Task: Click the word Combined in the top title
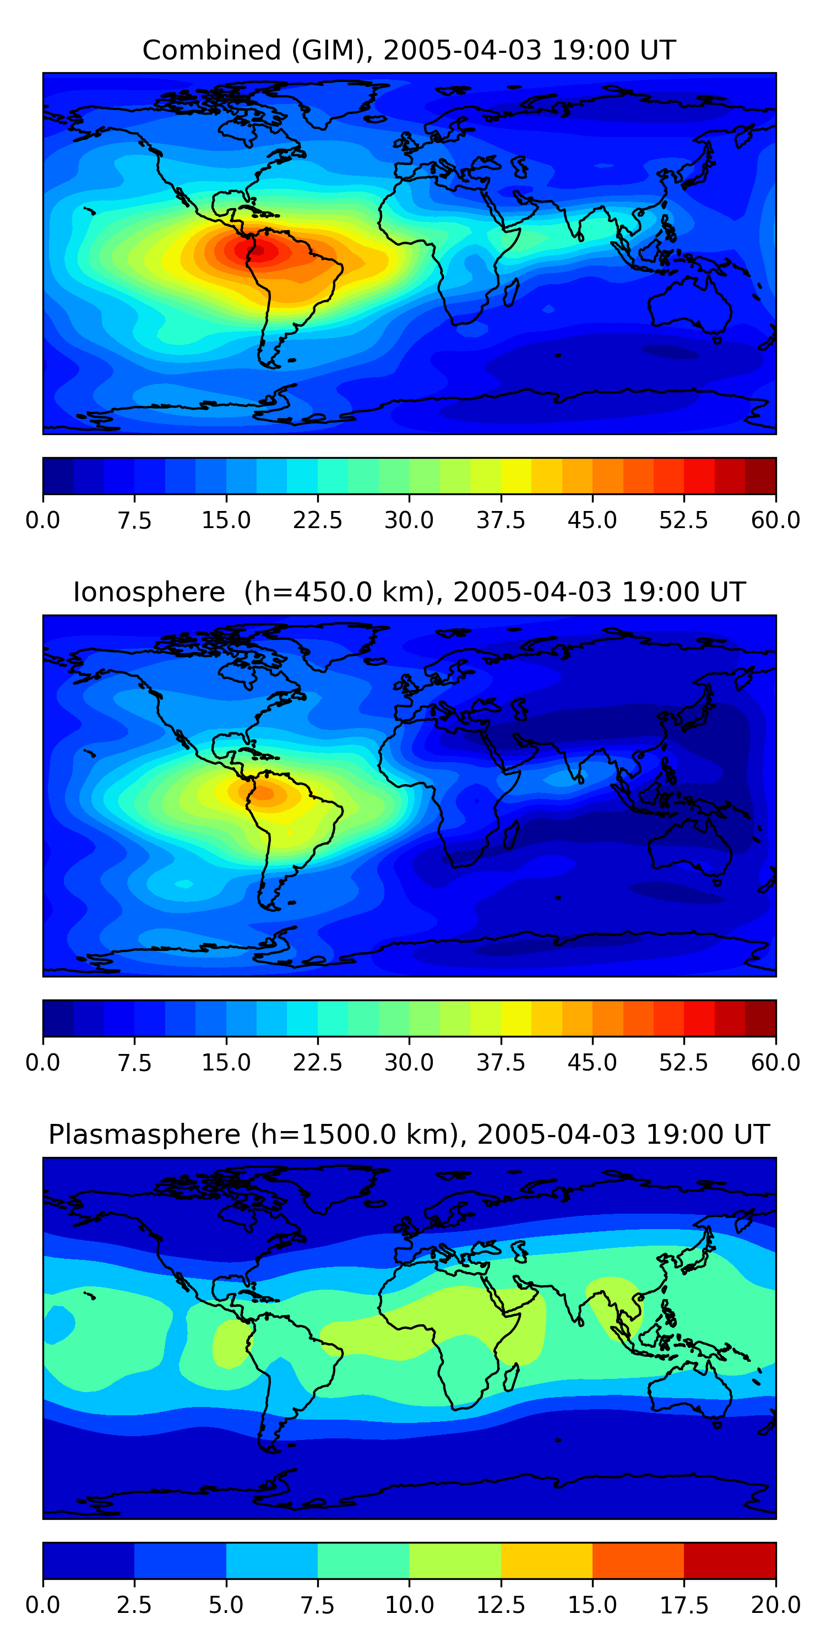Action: (211, 50)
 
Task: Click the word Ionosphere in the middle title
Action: (149, 592)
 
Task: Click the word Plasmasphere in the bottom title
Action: (144, 1134)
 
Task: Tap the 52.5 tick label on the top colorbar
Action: (683, 520)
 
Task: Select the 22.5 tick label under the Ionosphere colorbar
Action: (317, 1063)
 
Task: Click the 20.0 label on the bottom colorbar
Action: (775, 1605)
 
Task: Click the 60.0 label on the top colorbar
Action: (775, 520)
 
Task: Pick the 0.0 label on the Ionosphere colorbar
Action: (43, 1063)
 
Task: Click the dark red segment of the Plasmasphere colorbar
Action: (730, 1560)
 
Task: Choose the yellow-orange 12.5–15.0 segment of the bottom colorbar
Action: (546, 1560)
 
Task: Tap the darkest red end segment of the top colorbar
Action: (760, 476)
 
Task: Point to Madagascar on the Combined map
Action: (510, 291)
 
